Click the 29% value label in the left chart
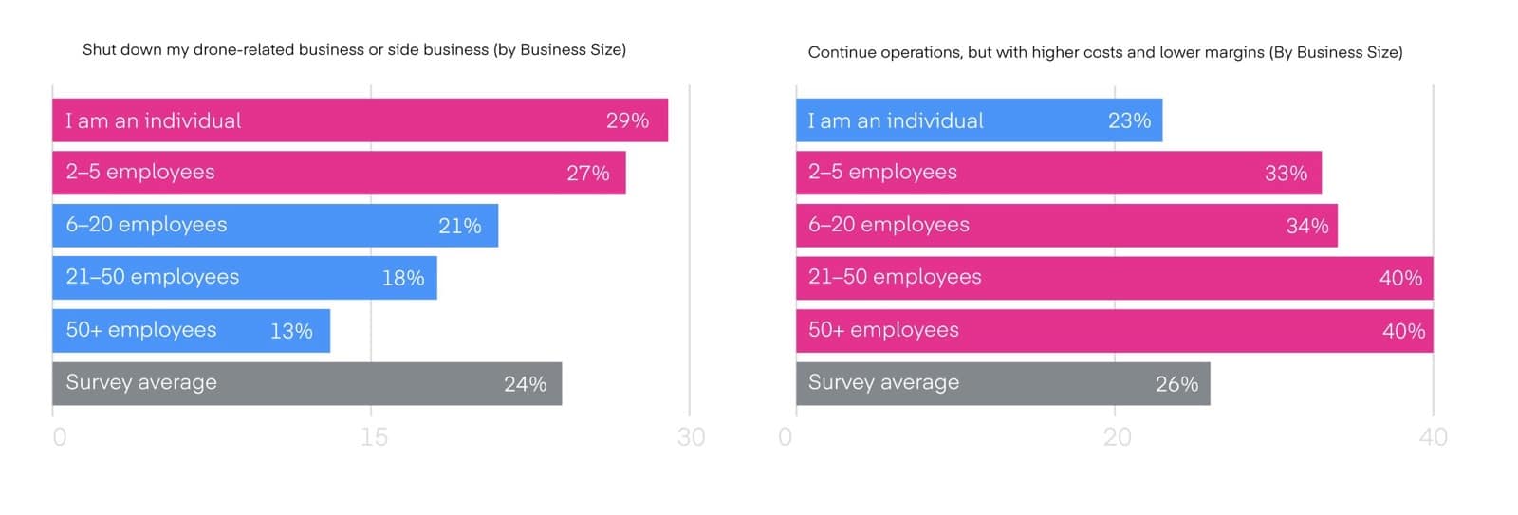(627, 120)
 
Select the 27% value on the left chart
(587, 173)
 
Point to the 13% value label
(291, 331)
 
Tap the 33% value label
(1286, 173)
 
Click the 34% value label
(1306, 226)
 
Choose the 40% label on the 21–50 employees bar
(1400, 278)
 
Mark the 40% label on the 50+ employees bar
(1403, 331)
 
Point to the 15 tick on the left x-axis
(374, 436)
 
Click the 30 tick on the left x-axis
(691, 436)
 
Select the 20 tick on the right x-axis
(1117, 436)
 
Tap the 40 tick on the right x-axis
(1433, 436)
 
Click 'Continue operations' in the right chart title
(883, 52)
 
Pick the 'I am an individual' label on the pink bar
(153, 120)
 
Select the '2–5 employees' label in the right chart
(882, 172)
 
